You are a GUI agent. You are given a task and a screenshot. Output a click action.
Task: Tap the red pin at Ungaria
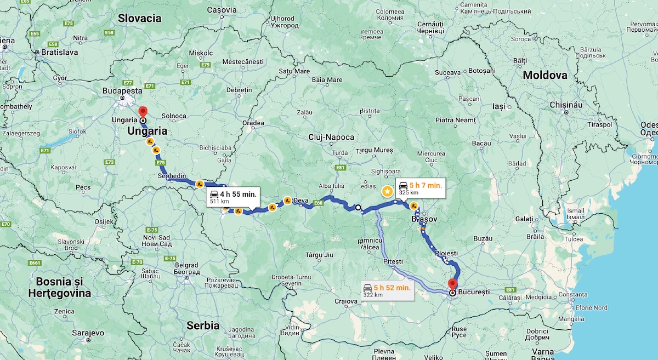point(143,111)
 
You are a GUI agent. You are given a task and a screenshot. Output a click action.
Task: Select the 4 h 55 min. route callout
point(231,197)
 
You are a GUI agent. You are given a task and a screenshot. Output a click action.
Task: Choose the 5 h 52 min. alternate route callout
point(387,290)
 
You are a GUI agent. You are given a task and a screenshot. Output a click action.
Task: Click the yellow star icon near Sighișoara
point(387,191)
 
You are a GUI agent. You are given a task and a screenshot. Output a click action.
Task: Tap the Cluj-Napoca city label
point(331,137)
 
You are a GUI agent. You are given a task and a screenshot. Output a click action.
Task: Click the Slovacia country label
point(140,18)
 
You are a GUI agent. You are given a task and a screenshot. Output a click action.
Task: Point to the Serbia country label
point(203,324)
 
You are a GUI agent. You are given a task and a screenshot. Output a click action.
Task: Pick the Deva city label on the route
point(301,201)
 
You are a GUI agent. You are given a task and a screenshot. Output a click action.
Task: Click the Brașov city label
point(424,219)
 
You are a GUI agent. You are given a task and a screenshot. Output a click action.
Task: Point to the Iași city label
point(498,106)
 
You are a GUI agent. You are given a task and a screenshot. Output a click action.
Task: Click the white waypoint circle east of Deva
point(358,208)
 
